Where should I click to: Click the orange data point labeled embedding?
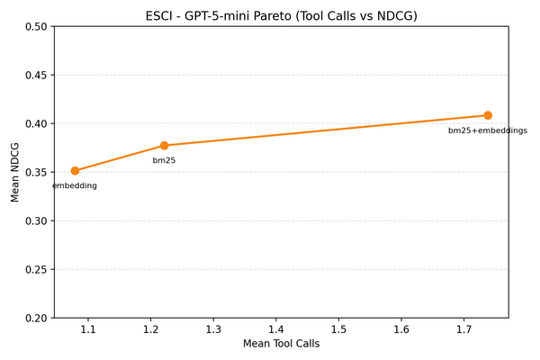(75, 171)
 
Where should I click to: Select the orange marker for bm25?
(165, 146)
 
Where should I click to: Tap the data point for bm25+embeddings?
(488, 115)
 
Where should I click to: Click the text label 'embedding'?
(75, 185)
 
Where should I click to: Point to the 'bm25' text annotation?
(164, 160)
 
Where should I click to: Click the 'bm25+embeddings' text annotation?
(488, 130)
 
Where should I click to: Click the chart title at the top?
(282, 15)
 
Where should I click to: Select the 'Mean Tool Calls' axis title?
(282, 343)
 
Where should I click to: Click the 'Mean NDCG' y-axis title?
(15, 172)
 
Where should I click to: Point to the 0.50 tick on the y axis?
(37, 26)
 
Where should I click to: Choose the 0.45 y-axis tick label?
(37, 75)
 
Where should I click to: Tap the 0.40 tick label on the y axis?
(37, 123)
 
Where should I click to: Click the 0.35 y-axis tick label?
(37, 172)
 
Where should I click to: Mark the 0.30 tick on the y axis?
(37, 220)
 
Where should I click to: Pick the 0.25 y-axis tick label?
(37, 269)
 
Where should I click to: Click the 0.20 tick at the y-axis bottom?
(37, 318)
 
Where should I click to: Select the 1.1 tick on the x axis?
(87, 330)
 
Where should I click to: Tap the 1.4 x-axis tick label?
(275, 330)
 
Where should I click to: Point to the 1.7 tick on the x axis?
(463, 330)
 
